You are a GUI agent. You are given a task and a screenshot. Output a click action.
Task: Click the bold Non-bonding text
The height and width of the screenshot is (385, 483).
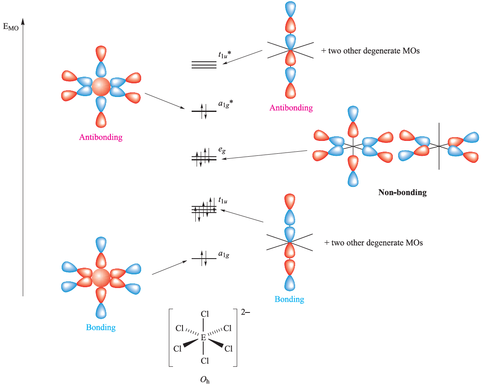(x=402, y=192)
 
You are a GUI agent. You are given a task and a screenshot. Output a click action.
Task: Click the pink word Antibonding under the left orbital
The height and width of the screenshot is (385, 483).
(x=101, y=137)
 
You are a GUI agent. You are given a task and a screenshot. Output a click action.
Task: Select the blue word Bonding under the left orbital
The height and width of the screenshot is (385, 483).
(x=101, y=327)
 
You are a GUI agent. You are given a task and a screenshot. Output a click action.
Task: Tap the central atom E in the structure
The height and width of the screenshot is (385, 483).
(x=203, y=338)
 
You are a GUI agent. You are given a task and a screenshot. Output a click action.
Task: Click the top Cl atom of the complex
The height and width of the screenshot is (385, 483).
(x=204, y=314)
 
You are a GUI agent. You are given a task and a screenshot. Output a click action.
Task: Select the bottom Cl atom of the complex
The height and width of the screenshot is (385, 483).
(x=204, y=361)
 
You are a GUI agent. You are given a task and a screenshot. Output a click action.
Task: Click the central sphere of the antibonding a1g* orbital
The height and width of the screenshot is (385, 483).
(x=101, y=86)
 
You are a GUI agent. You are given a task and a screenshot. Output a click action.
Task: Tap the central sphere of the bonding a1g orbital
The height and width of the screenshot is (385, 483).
(x=100, y=277)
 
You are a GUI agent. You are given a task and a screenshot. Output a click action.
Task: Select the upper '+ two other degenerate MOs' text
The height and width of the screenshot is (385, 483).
(x=370, y=51)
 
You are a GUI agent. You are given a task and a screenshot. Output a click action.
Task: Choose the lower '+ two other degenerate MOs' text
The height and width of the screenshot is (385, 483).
(x=374, y=243)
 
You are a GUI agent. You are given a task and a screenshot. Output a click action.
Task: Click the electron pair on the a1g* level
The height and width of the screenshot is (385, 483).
(x=204, y=111)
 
